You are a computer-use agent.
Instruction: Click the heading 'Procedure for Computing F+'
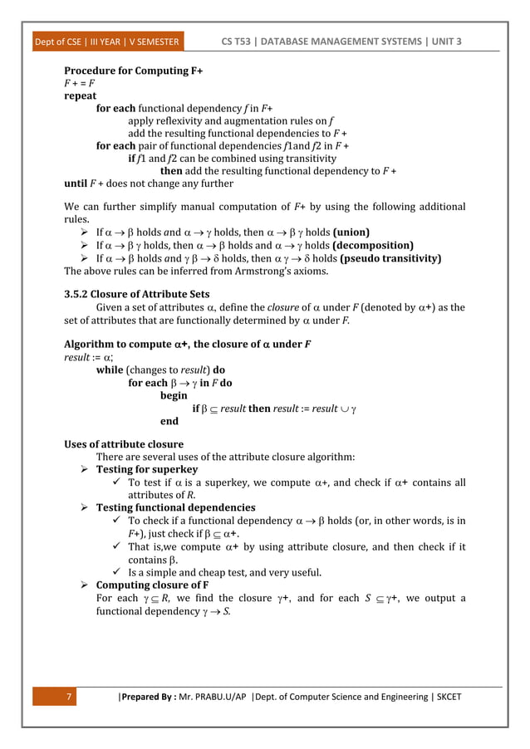(134, 71)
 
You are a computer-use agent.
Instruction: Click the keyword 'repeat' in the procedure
(81, 95)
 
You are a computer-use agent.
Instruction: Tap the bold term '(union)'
(348, 232)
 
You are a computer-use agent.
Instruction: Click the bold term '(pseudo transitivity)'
(390, 258)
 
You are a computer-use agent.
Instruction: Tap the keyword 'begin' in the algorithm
(174, 396)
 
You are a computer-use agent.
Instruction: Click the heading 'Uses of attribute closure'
(124, 444)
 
